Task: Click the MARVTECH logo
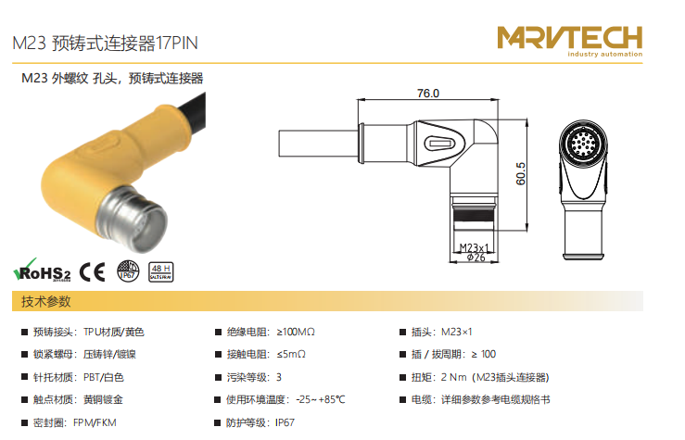click(x=570, y=41)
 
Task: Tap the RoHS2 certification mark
click(x=42, y=270)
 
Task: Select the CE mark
click(x=92, y=272)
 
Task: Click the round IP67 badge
click(x=128, y=271)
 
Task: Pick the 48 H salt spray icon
click(x=160, y=272)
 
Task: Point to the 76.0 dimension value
click(x=428, y=94)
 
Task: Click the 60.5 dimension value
click(x=520, y=174)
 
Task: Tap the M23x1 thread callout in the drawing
click(x=474, y=248)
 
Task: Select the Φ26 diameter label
click(x=476, y=258)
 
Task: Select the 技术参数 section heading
click(x=45, y=301)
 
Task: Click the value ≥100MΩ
click(x=296, y=333)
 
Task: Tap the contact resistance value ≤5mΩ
click(x=291, y=355)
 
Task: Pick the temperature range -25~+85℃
click(x=320, y=399)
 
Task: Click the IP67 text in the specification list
click(x=285, y=422)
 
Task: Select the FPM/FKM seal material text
click(x=95, y=422)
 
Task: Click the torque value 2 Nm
click(x=454, y=377)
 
